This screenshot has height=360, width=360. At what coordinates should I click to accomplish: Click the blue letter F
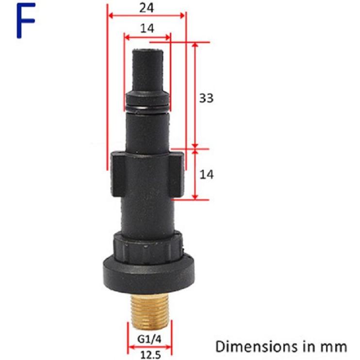tap(26, 22)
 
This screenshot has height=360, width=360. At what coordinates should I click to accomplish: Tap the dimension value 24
tap(147, 7)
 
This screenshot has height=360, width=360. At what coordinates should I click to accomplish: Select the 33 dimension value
tap(206, 98)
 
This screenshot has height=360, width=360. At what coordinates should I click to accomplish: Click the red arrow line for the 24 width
tap(147, 15)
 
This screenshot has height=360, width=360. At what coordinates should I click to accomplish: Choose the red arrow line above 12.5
tap(149, 347)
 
